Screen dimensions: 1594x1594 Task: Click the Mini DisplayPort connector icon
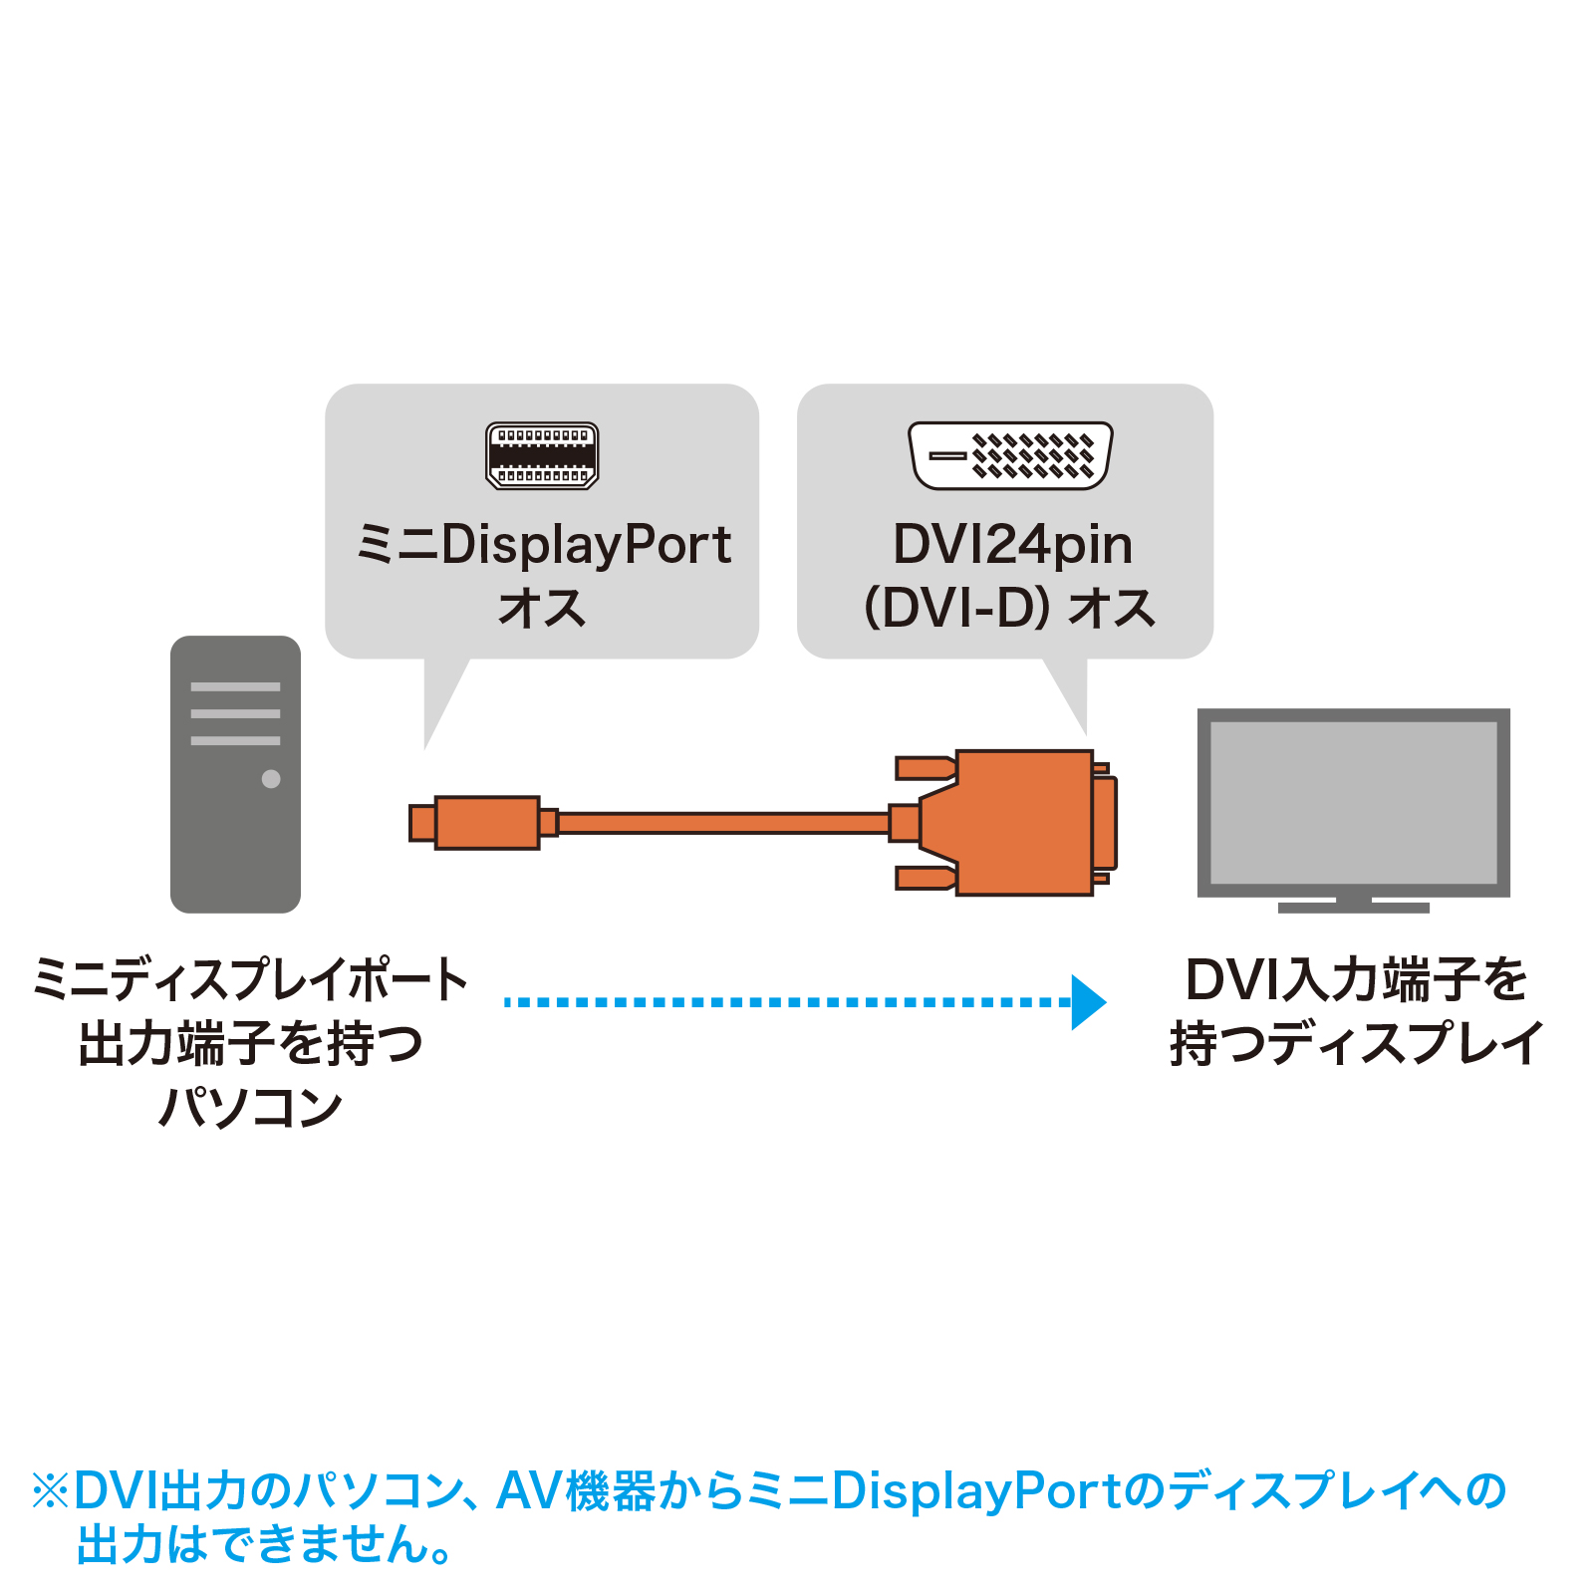click(x=542, y=455)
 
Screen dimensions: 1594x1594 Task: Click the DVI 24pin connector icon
click(x=1010, y=455)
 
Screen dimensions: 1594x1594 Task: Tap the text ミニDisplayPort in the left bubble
click(x=544, y=546)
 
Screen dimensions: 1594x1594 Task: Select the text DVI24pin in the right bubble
click(x=1012, y=546)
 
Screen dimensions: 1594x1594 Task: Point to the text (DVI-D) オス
click(x=1009, y=608)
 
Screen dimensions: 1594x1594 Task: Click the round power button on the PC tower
click(x=271, y=779)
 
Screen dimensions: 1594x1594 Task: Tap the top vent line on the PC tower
click(x=235, y=687)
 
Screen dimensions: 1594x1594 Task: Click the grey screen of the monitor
click(x=1353, y=801)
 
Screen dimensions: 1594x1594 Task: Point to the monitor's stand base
click(x=1353, y=907)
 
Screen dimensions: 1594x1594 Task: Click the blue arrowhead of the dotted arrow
click(x=1088, y=1002)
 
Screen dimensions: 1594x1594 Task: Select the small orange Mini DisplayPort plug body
click(x=487, y=823)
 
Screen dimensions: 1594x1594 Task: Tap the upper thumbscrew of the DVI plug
click(x=925, y=768)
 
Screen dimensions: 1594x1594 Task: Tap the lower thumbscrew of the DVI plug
click(x=925, y=878)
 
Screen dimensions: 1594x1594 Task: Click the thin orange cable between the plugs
click(x=722, y=823)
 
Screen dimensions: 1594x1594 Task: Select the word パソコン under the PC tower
click(x=251, y=1107)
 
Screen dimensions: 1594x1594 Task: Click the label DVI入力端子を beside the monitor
click(x=1356, y=979)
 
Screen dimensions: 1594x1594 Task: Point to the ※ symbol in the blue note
click(x=51, y=1491)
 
